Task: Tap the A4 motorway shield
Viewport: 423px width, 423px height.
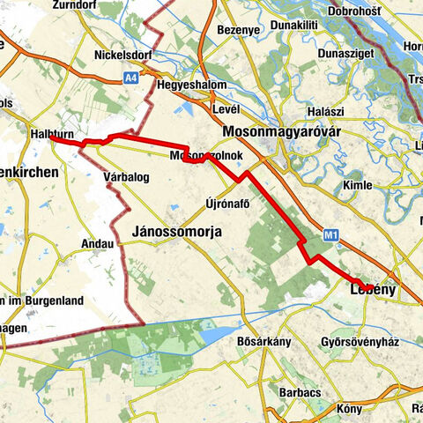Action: (x=130, y=77)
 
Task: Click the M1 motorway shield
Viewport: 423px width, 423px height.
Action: (x=330, y=235)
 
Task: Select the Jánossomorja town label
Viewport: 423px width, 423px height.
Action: (x=176, y=231)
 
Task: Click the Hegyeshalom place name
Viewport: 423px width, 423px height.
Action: (x=191, y=85)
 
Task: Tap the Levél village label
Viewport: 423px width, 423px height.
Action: (x=226, y=108)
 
